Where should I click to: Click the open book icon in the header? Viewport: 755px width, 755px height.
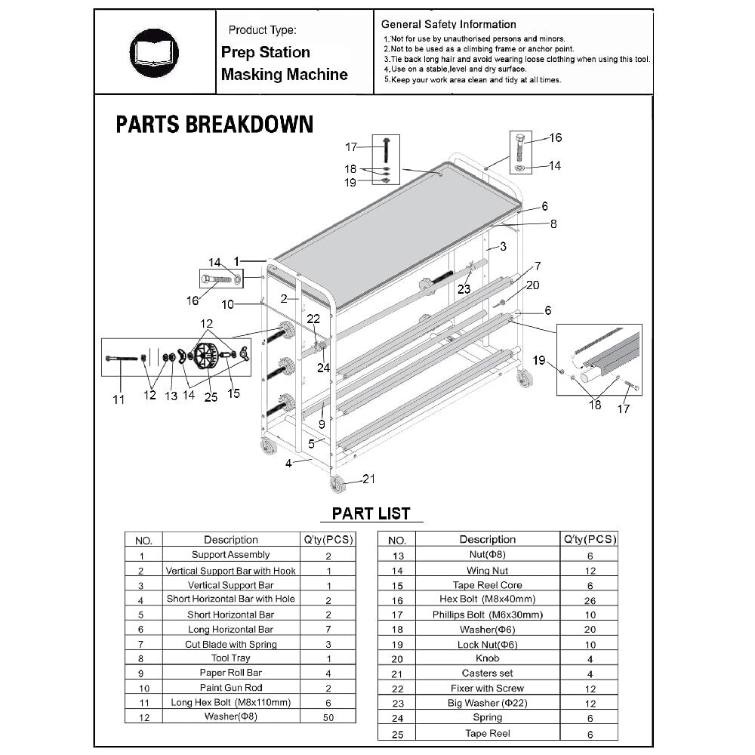154,52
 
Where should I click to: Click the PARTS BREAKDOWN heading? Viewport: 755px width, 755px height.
214,125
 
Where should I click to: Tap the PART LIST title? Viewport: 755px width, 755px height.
371,514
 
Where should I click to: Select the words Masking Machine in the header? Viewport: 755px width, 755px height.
285,75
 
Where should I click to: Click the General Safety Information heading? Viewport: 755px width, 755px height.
448,24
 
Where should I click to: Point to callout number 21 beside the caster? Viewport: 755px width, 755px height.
368,479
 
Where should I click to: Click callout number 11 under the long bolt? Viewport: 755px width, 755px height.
119,399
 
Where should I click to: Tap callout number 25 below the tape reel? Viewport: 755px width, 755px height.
211,398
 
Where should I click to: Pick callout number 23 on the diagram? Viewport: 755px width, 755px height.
464,288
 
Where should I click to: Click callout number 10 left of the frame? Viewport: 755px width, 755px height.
228,304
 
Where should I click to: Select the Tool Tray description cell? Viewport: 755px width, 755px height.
230,658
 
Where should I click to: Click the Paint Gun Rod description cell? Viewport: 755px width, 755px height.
230,688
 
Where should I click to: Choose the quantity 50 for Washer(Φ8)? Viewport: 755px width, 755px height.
328,716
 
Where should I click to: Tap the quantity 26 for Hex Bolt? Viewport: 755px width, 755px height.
590,600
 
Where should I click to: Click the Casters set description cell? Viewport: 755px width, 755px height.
487,673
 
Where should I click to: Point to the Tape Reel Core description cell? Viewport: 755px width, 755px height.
487,585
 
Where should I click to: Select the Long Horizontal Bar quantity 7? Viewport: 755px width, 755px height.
328,629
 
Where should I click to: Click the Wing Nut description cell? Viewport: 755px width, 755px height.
487,571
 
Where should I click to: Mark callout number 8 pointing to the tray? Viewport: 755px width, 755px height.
553,223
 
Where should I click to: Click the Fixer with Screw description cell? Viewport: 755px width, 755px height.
487,689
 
